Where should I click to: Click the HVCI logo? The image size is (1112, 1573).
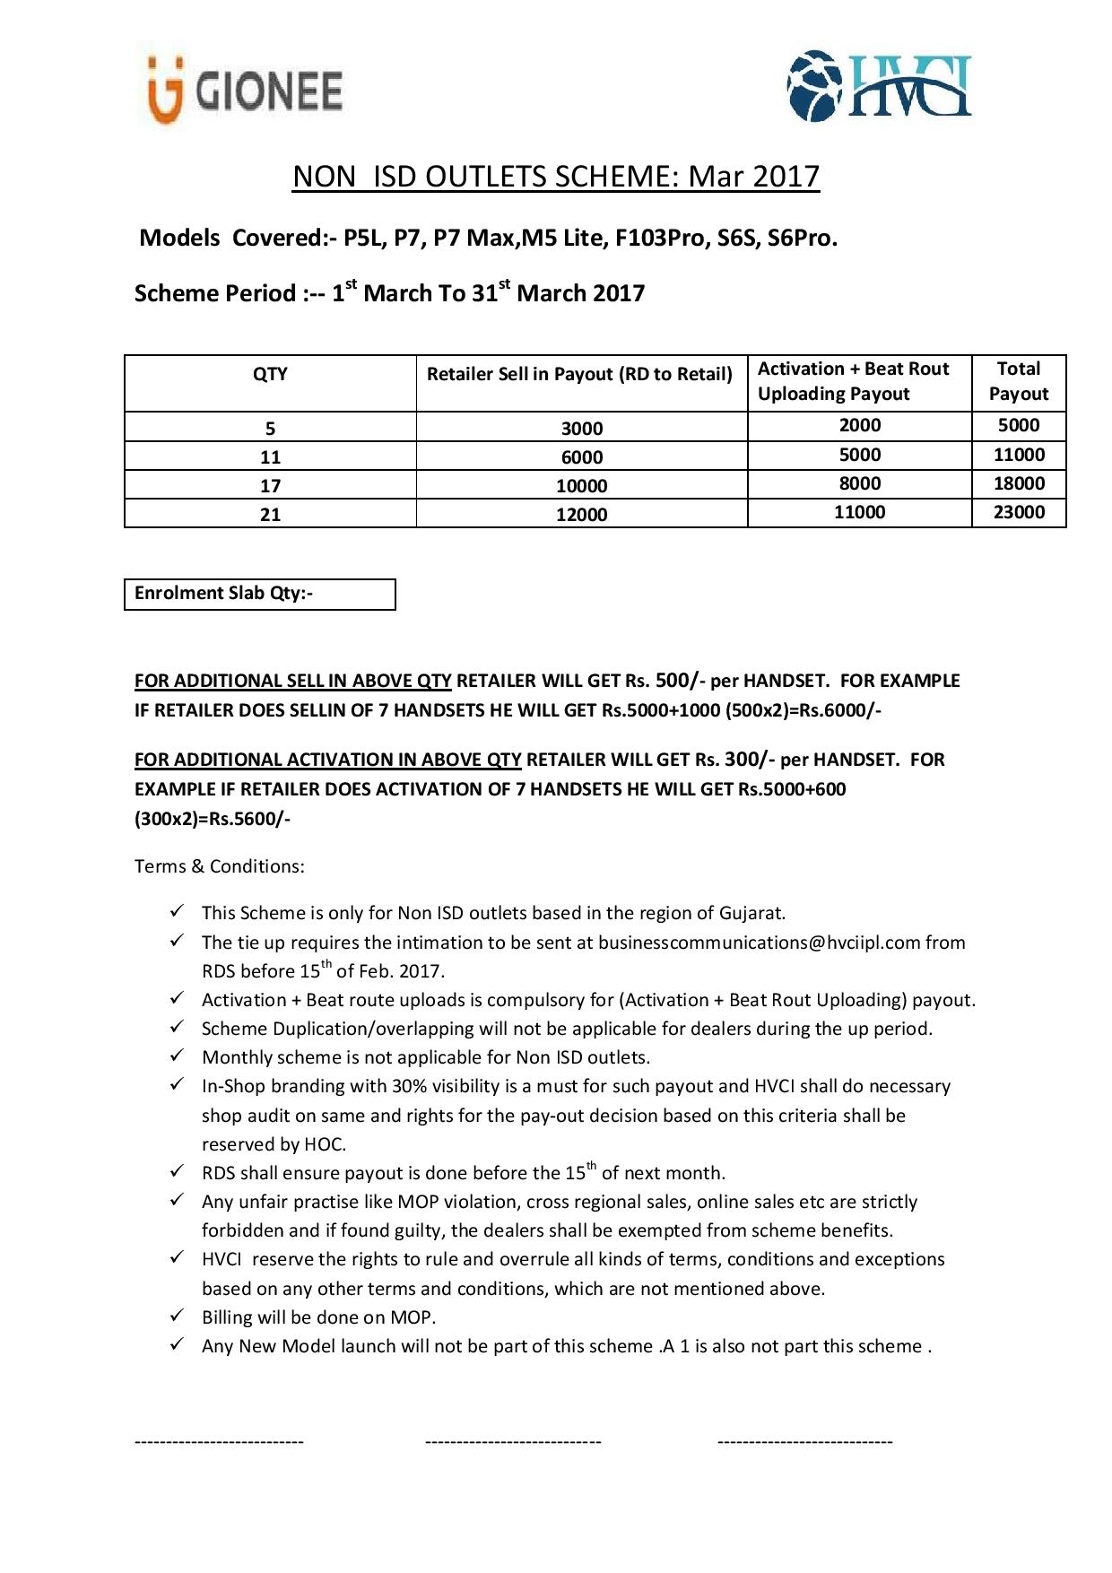(x=879, y=86)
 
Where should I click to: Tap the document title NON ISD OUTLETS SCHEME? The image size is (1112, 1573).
(x=555, y=177)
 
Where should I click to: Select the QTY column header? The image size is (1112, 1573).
(x=270, y=375)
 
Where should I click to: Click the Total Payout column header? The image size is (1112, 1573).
(x=1018, y=381)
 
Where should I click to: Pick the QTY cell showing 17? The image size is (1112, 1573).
(x=270, y=486)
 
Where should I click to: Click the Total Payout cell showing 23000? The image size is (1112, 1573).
(x=1019, y=512)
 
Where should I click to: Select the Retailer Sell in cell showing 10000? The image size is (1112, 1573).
(x=581, y=486)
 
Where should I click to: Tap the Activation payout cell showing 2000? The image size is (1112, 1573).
(x=859, y=425)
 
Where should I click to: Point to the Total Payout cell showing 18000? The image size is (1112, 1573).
(x=1019, y=483)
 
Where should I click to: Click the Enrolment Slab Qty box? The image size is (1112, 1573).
(x=259, y=594)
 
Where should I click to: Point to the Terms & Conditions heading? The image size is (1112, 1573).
(x=219, y=866)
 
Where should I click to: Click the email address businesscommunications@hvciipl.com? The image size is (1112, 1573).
(x=759, y=943)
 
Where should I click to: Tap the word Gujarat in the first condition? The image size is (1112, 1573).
(x=751, y=913)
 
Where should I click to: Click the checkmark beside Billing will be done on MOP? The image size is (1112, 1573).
(x=177, y=1317)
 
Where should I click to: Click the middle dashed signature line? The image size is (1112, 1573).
(x=513, y=1442)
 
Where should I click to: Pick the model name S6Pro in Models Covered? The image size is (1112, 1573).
(x=802, y=239)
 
